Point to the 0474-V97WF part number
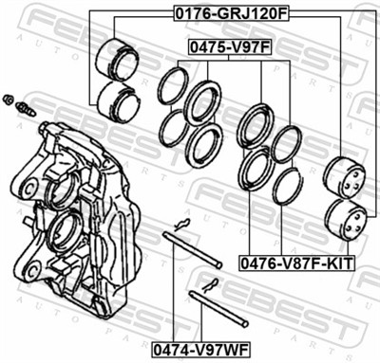196,349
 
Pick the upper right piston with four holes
345,177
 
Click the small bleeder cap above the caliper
9,99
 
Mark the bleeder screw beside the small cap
26,107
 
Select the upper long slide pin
193,248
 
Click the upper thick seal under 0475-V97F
202,101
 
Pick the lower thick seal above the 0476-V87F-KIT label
256,168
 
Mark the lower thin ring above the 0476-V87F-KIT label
287,186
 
